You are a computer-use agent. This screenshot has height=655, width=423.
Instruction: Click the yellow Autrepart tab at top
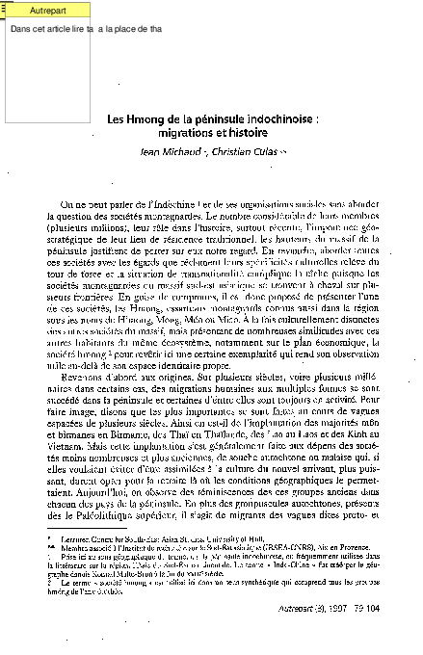click(37, 11)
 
